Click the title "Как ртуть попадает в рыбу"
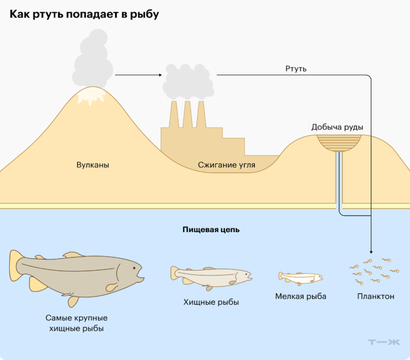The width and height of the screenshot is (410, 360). [84, 14]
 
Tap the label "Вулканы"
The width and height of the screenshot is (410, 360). [93, 165]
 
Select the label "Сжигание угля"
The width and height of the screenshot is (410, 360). [226, 165]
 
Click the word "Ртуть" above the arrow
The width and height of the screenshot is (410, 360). [296, 69]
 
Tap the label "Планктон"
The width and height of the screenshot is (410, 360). [376, 296]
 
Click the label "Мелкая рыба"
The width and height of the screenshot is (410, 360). [301, 296]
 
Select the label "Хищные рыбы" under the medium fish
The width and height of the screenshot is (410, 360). [211, 302]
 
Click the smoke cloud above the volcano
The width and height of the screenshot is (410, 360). [93, 60]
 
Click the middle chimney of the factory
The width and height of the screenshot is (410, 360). [187, 114]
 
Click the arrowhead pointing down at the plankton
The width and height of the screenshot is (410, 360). [371, 251]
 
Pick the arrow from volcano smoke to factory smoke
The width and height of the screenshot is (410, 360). [138, 74]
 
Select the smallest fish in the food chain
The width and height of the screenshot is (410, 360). [300, 277]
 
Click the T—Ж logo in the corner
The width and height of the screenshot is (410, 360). [384, 342]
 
